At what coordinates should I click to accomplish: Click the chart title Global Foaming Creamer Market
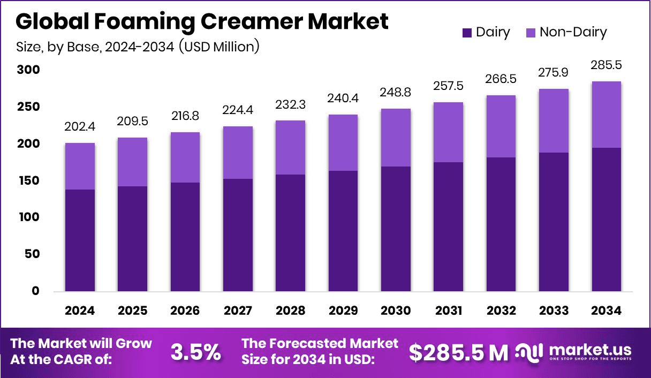coord(202,21)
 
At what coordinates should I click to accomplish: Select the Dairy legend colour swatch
coord(467,33)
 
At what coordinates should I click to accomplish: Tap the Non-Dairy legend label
coord(573,32)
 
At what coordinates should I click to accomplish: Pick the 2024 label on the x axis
coord(80,311)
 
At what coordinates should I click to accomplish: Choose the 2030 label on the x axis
coord(396,311)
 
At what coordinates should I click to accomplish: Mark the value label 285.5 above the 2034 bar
coord(605,66)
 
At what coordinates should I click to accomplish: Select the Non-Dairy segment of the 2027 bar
coord(238,153)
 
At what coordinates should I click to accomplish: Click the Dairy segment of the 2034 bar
coord(605,220)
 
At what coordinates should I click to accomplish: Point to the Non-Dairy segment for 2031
coord(449,132)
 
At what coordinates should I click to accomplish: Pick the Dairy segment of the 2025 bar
coord(133,239)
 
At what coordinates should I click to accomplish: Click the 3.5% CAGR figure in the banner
coord(195,352)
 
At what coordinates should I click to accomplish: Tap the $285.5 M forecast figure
coord(458,352)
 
